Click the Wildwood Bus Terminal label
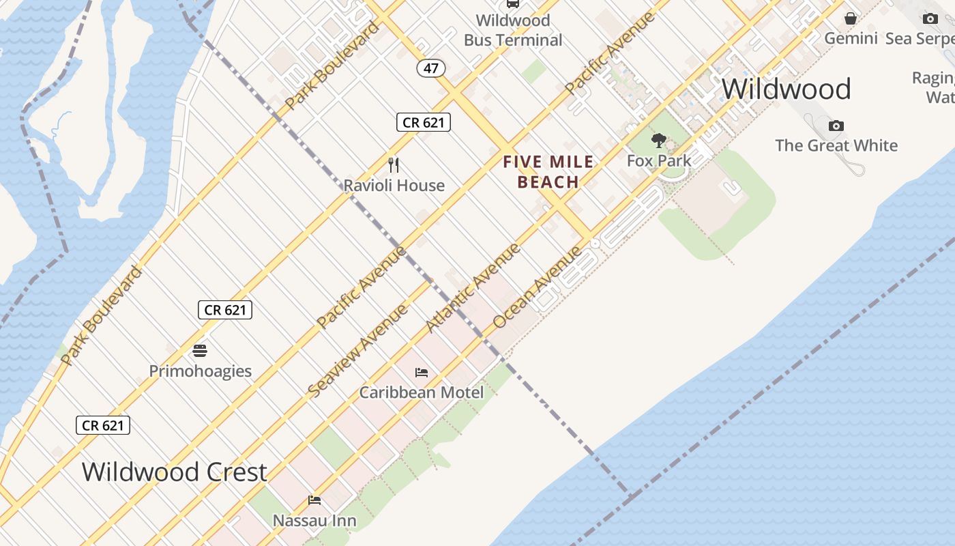click(513, 31)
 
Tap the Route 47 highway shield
click(431, 68)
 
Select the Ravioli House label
click(394, 185)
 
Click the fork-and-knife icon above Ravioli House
click(394, 164)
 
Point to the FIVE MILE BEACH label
click(548, 172)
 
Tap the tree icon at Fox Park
click(659, 141)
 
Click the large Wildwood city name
click(786, 89)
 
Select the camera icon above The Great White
click(836, 126)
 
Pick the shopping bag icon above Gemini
click(851, 18)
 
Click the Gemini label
click(851, 38)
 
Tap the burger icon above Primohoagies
click(200, 351)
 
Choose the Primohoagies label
click(200, 371)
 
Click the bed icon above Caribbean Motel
click(422, 373)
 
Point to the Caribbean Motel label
click(422, 392)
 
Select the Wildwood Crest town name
click(174, 472)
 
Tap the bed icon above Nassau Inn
click(314, 500)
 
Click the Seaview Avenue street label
click(357, 350)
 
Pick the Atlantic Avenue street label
click(473, 288)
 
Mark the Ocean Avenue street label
click(538, 287)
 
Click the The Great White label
click(836, 145)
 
